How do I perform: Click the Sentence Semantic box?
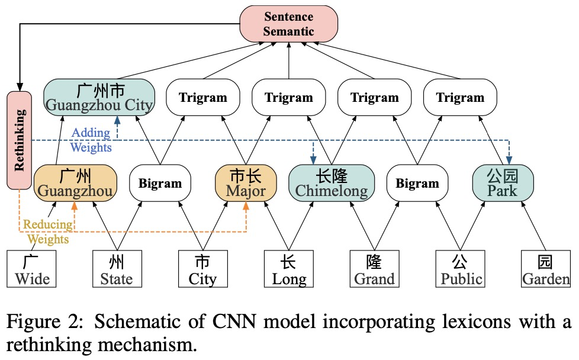(x=288, y=24)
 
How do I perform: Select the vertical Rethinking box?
(x=20, y=140)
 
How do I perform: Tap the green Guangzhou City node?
(x=99, y=97)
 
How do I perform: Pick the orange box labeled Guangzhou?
(x=74, y=182)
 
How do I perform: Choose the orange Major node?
(x=245, y=182)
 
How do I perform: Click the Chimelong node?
(x=332, y=182)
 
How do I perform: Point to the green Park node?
(x=503, y=182)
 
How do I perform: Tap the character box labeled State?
(x=117, y=269)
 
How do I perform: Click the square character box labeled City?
(x=202, y=269)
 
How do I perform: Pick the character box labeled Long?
(x=289, y=269)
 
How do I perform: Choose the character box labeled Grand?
(x=374, y=269)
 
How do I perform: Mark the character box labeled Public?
(x=460, y=269)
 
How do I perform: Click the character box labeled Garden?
(x=545, y=269)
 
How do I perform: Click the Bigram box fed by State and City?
(x=160, y=182)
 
